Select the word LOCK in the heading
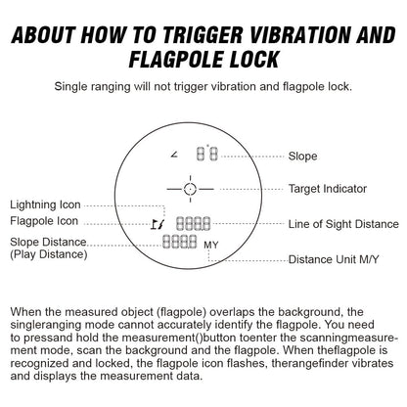[x=253, y=59]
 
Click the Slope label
[x=302, y=157]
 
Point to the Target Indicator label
[x=328, y=189]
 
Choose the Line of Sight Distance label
[x=343, y=224]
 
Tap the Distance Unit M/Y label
[x=334, y=259]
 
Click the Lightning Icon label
[x=45, y=204]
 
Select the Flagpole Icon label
[x=44, y=221]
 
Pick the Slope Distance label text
[x=48, y=242]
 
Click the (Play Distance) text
[x=49, y=254]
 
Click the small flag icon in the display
[x=155, y=224]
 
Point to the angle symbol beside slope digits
[x=174, y=155]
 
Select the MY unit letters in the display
[x=211, y=245]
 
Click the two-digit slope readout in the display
[x=207, y=154]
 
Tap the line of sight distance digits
[x=194, y=224]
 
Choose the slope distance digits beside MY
[x=180, y=242]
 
